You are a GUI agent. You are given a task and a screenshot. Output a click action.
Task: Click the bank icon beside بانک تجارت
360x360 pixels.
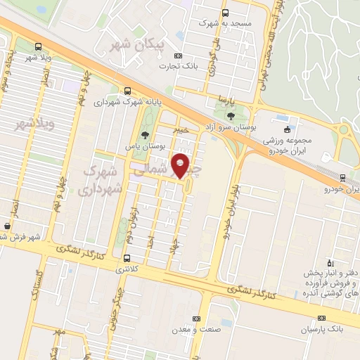[x=179, y=56]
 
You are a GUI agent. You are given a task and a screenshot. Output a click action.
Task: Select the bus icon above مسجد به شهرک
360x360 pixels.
[x=225, y=13]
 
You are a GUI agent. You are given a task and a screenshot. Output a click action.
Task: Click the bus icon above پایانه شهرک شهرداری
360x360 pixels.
[x=127, y=90]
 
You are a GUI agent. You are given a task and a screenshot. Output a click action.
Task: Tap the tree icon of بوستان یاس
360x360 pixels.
[x=145, y=135]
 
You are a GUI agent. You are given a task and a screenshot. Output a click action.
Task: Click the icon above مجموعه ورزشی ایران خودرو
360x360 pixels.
[x=287, y=129]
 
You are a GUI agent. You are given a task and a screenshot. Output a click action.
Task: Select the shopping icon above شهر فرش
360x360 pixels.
[x=7, y=226]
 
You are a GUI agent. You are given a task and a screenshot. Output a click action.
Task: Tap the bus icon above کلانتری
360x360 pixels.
[x=127, y=257]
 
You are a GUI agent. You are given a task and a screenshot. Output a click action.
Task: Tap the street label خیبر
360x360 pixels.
[x=182, y=130]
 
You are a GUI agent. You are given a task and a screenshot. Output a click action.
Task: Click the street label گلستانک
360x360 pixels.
[x=34, y=284]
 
